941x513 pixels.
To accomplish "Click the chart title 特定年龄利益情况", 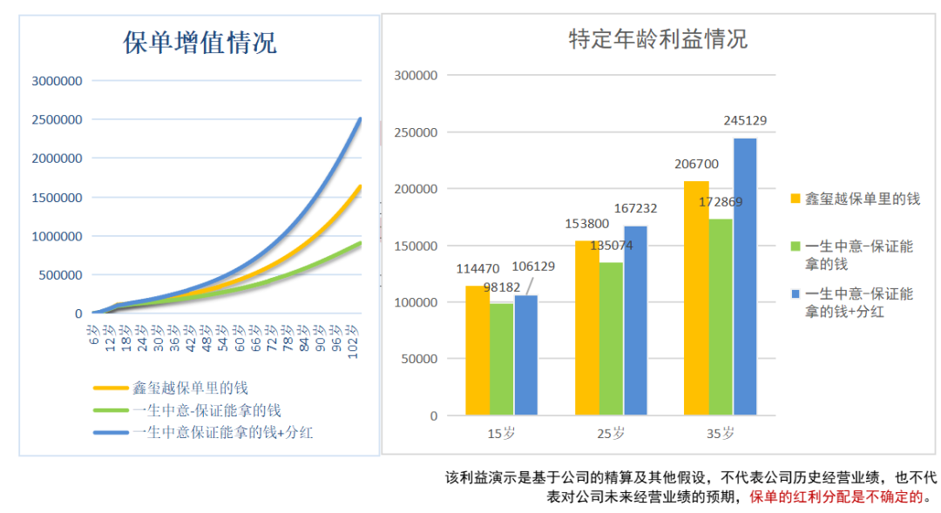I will click(x=658, y=39).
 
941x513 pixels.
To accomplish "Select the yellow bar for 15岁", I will click(x=477, y=350).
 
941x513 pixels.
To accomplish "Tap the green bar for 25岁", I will click(x=611, y=338).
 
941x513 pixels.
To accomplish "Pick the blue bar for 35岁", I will click(x=744, y=276).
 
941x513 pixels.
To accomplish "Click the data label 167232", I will click(x=635, y=208).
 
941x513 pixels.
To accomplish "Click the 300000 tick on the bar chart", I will click(x=416, y=76).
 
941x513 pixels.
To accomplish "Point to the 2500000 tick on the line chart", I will click(x=57, y=119).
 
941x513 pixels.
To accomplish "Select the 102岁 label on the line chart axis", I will click(x=353, y=336).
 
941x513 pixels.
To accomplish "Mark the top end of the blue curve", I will click(x=360, y=119).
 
